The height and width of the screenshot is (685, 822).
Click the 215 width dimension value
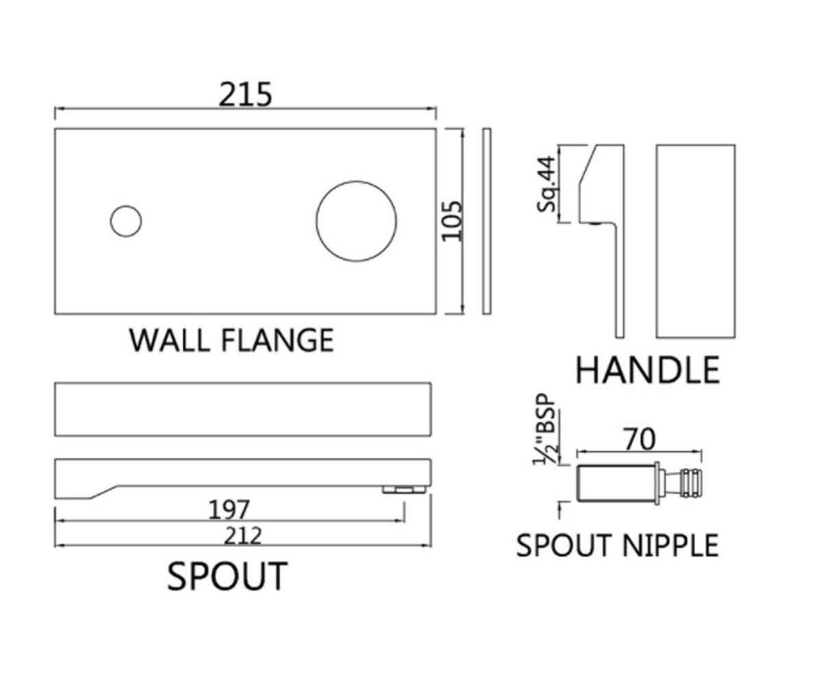click(245, 95)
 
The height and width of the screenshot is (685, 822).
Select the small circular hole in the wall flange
click(125, 221)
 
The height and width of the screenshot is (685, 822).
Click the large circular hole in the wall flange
click(356, 221)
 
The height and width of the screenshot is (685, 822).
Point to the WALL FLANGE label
click(232, 340)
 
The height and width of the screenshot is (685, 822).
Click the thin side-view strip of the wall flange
click(486, 221)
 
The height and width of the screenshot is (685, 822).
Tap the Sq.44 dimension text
click(547, 184)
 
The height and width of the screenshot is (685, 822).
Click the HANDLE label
click(647, 370)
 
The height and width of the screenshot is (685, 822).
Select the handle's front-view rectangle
click(696, 241)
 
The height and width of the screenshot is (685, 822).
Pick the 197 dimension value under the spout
click(229, 510)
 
